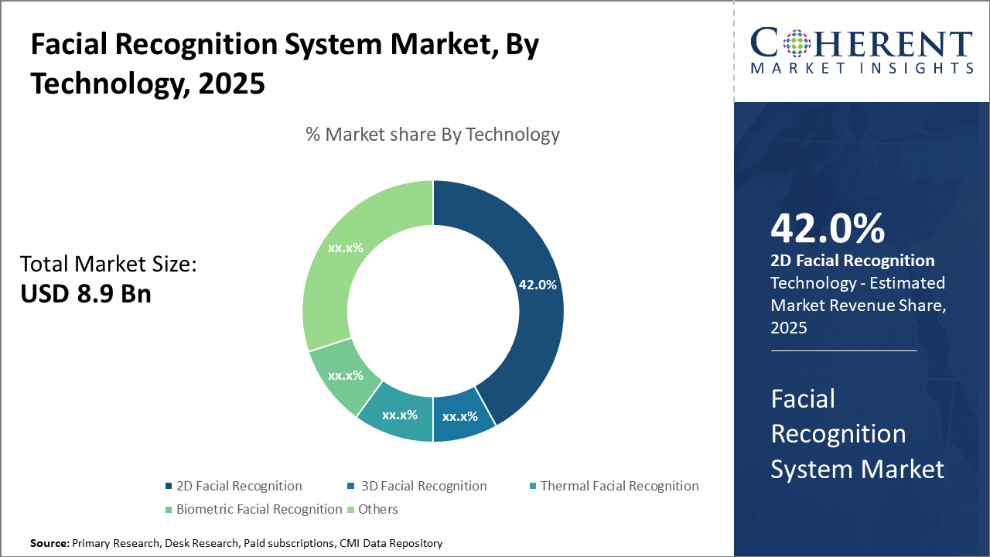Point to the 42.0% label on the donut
[538, 285]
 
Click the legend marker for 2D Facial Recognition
[169, 487]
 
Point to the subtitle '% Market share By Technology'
[432, 135]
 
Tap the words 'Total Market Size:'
[108, 265]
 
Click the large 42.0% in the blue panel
[828, 229]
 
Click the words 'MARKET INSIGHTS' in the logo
[862, 68]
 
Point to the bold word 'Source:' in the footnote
[49, 544]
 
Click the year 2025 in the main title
[231, 84]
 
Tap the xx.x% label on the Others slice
[346, 248]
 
